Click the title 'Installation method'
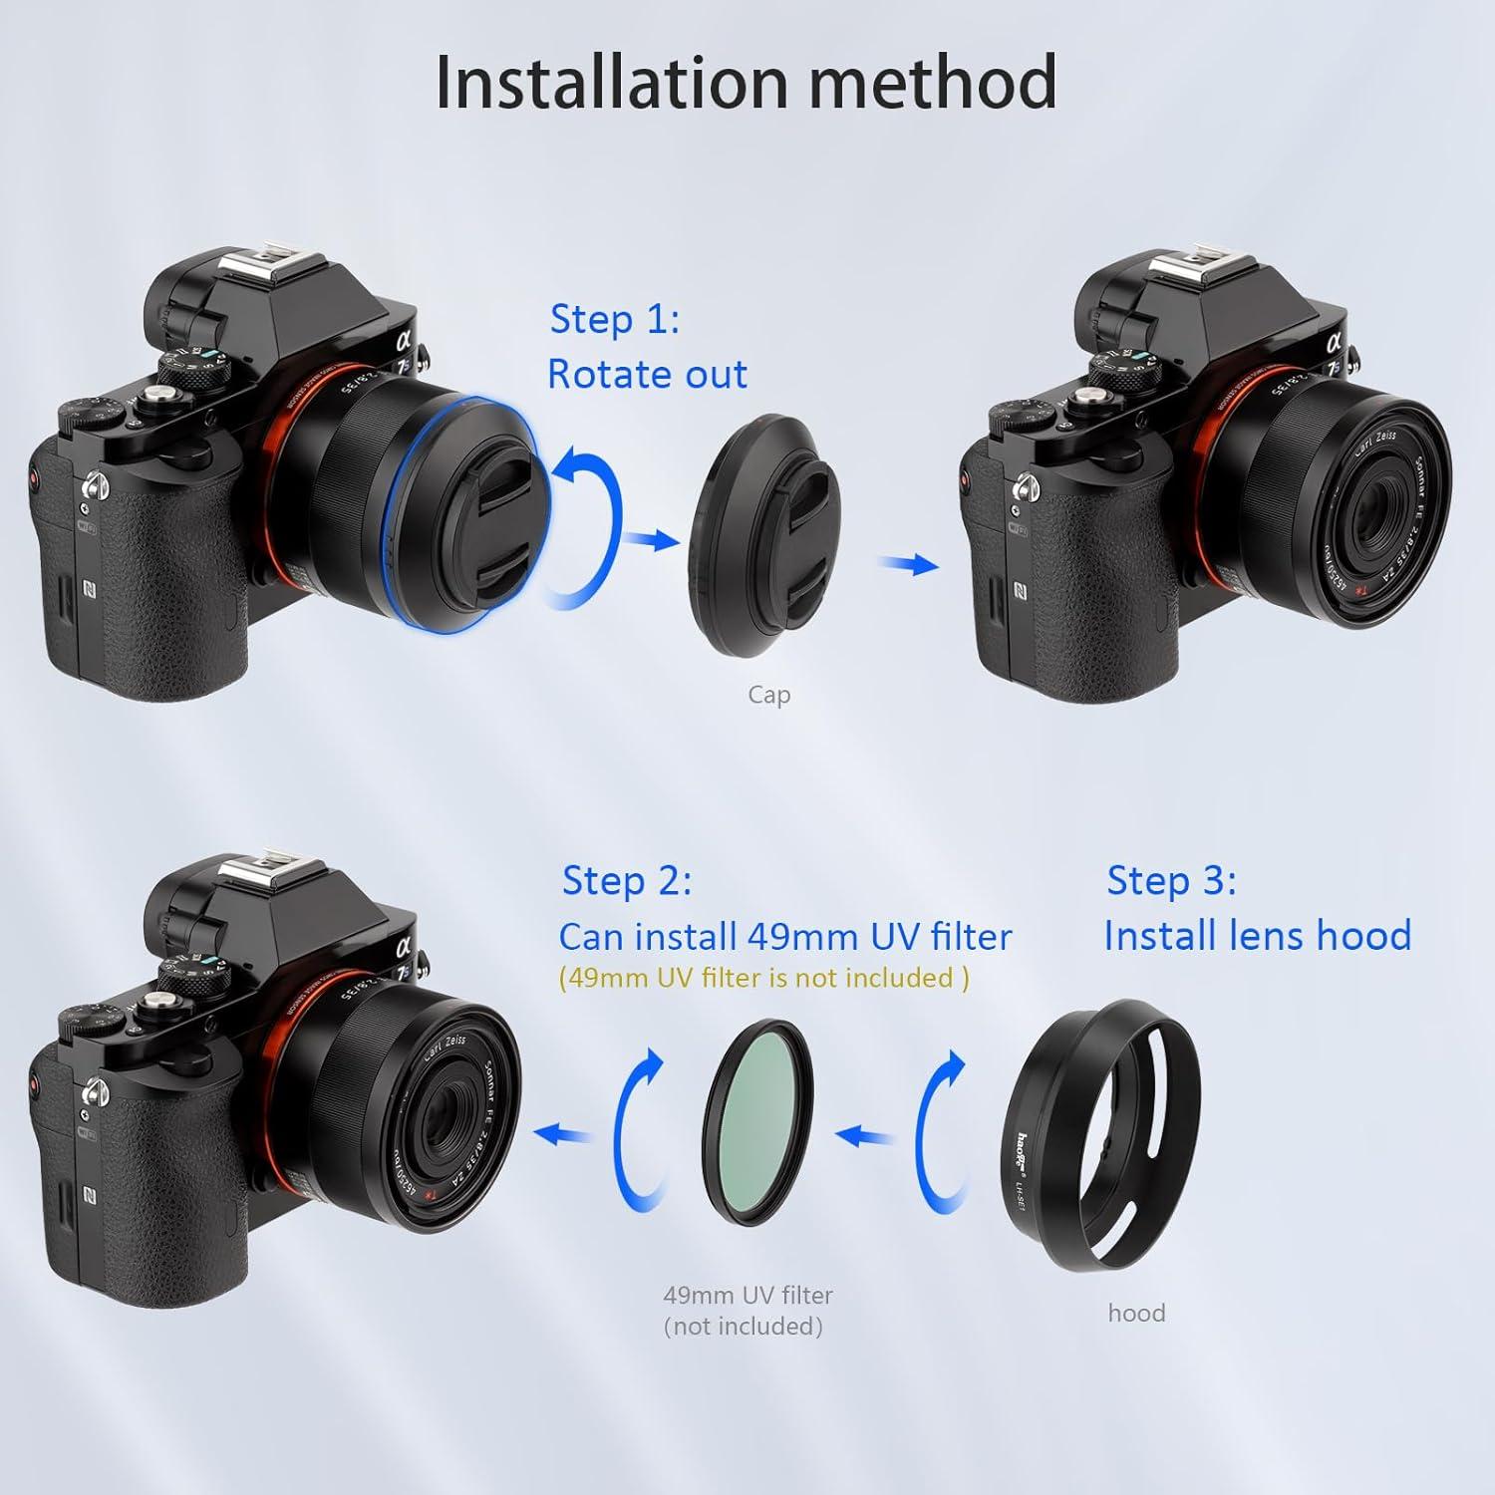(746, 82)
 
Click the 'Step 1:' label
(614, 319)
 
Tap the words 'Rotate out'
(647, 375)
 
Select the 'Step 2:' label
(626, 881)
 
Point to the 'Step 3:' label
(1171, 881)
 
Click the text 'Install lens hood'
(1257, 936)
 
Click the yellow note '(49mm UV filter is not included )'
(763, 978)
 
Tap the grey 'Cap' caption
(768, 695)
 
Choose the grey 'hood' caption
(1136, 1313)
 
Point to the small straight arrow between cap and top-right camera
(908, 565)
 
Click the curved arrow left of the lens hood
(939, 1126)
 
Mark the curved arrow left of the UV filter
(639, 1126)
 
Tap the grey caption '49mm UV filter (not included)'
(747, 1310)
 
